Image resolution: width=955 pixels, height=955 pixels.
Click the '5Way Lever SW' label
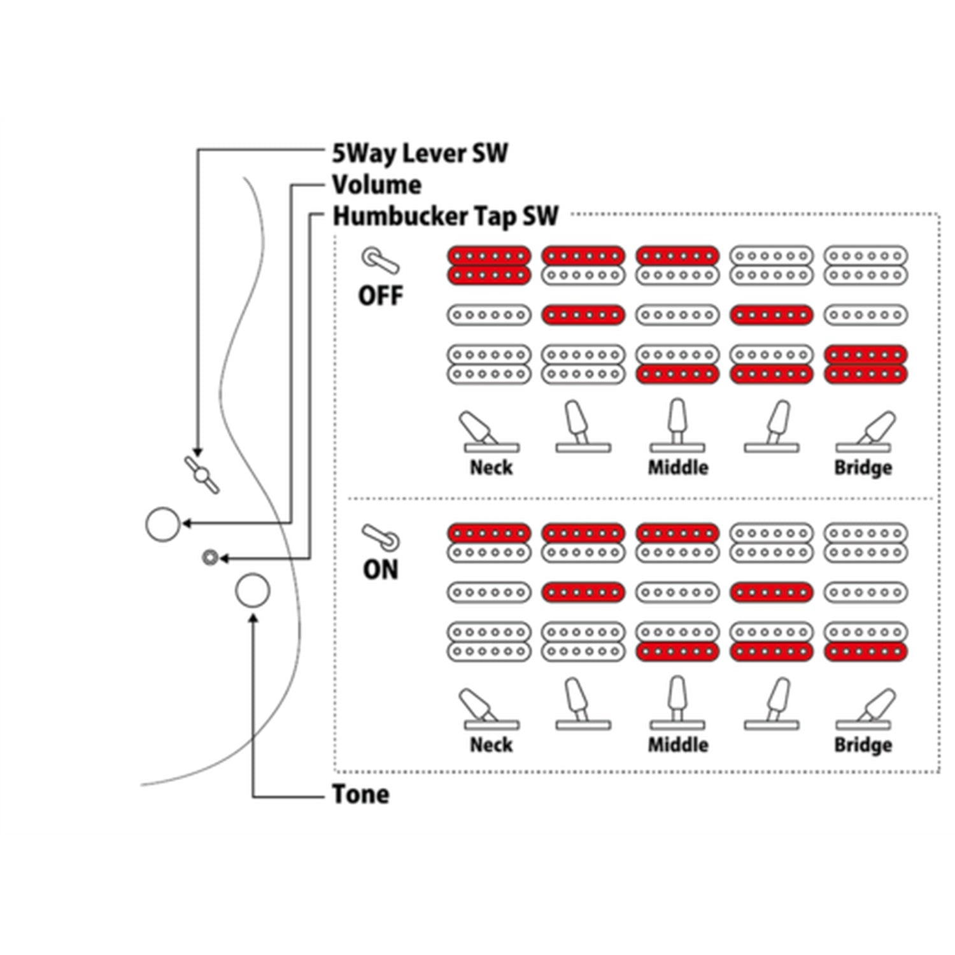click(420, 153)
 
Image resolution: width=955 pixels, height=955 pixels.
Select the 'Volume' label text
click(376, 185)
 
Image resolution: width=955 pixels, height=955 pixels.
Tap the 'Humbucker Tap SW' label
click(445, 216)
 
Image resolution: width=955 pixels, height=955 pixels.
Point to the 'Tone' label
click(360, 794)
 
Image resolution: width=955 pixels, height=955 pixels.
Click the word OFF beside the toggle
click(381, 295)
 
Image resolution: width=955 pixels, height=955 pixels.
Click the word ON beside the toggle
click(381, 569)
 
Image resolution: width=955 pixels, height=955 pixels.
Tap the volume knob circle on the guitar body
click(163, 524)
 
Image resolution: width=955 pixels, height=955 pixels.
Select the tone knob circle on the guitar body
click(252, 591)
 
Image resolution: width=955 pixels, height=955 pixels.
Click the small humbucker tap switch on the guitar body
click(209, 558)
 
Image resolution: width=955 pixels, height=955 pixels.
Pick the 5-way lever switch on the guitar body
click(202, 475)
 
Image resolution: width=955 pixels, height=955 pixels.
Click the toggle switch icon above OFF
click(381, 261)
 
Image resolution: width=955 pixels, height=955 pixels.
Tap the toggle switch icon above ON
click(381, 537)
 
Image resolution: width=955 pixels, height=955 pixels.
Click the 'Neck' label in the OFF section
click(491, 467)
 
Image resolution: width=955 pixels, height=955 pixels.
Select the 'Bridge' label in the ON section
click(863, 745)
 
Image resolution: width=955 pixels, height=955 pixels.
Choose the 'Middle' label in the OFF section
click(678, 467)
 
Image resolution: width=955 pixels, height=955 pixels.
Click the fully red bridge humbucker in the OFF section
click(866, 365)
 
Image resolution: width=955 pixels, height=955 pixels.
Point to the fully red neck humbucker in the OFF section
click(489, 265)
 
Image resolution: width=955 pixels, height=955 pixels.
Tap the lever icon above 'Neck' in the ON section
click(491, 709)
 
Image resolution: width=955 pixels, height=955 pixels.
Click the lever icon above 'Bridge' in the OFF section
click(866, 432)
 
